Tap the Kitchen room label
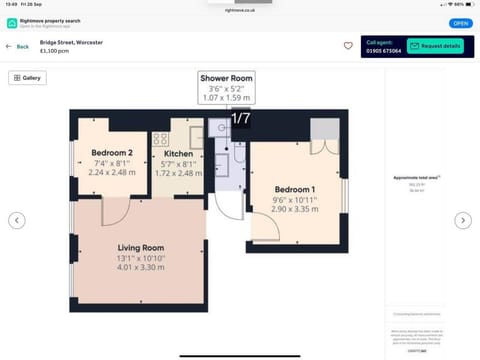tap(178, 154)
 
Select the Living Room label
tap(139, 247)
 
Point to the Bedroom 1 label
tap(294, 189)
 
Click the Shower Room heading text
tap(227, 78)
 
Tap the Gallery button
tap(27, 78)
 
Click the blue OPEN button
tap(460, 22)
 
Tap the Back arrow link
tap(18, 46)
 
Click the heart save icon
tap(348, 46)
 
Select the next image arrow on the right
tap(462, 220)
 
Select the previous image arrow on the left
tap(17, 220)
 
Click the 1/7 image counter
tap(241, 119)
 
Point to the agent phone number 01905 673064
tap(385, 50)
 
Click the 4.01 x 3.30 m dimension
tap(139, 267)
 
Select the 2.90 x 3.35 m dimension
tap(294, 210)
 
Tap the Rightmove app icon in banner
tap(12, 22)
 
